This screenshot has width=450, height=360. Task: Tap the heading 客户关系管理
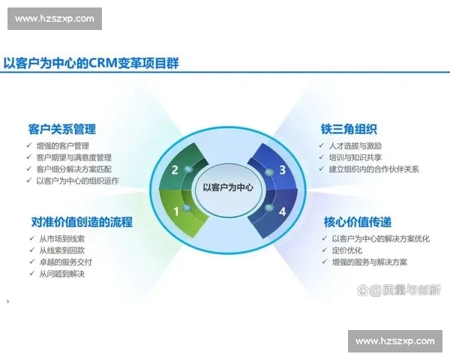(x=61, y=129)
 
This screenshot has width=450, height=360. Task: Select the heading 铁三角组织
(x=349, y=129)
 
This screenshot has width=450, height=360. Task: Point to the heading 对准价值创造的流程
(x=82, y=222)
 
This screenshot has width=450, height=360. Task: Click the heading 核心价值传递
(x=357, y=222)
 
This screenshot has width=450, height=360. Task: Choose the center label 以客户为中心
(x=228, y=188)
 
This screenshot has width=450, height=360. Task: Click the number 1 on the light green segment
(x=177, y=211)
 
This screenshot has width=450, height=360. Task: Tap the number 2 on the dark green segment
(x=175, y=169)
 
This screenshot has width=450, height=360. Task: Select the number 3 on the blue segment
(x=282, y=169)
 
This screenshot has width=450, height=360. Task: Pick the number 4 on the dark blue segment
(x=282, y=211)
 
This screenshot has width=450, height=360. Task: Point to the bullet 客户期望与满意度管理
(x=73, y=157)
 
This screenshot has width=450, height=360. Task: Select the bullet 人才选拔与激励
(x=355, y=145)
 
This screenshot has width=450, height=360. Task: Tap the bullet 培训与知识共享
(x=355, y=157)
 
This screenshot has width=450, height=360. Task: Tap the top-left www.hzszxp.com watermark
(x=54, y=19)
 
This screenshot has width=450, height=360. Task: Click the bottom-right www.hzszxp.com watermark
(x=395, y=341)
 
